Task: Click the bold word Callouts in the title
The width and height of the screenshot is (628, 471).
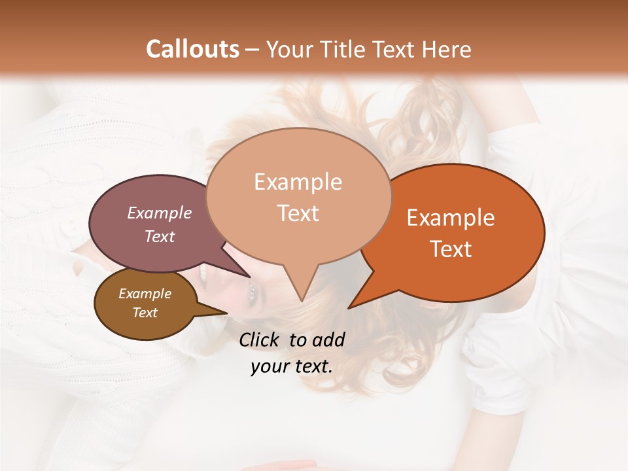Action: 192,49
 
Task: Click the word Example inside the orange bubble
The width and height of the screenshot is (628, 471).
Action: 451,218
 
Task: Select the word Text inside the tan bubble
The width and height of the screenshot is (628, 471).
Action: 298,213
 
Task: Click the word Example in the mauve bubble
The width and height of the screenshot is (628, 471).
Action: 160,213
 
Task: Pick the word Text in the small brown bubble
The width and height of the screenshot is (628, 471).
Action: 145,313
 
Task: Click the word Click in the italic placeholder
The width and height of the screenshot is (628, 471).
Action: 260,340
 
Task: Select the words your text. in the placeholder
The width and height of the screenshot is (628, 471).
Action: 292,366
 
